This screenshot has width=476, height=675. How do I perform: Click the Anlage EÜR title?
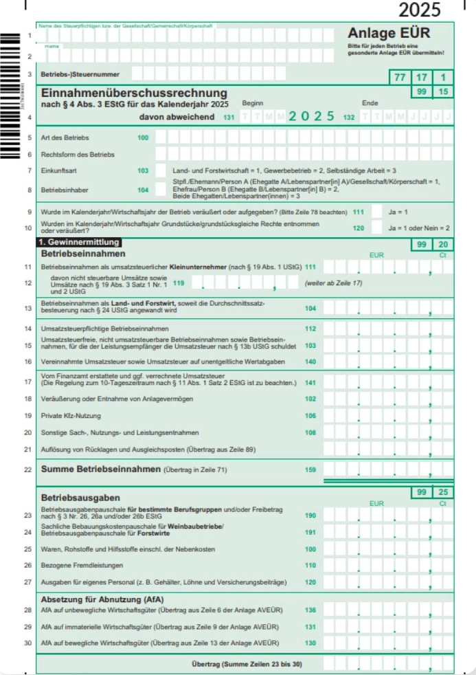pos(389,34)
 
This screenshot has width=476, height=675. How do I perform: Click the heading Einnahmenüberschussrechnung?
pos(134,92)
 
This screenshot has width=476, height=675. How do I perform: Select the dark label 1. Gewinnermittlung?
pos(79,243)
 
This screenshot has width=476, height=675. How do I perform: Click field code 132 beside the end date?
pos(349,118)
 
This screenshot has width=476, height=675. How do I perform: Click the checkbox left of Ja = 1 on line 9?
pos(376,212)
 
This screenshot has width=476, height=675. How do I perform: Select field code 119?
pos(179,283)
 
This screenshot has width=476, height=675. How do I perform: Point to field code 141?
pos(310,382)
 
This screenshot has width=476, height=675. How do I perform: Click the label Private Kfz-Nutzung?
pos(71,416)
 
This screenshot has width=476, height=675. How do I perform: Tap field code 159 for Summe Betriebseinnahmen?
pos(310,469)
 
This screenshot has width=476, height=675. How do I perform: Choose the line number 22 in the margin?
pos(27,469)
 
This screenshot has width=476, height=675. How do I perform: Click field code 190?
pos(310,515)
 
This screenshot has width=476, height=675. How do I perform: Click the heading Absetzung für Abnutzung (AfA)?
pos(102,599)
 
